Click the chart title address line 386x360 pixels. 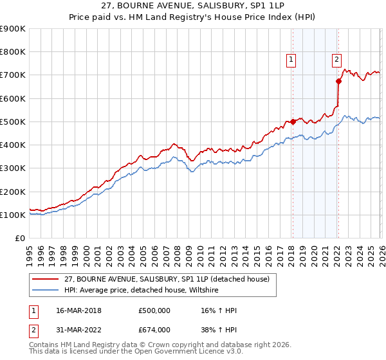(x=192, y=5)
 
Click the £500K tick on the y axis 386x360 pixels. (x=13, y=122)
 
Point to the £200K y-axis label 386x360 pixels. (x=13, y=192)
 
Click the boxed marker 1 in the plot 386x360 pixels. (x=291, y=60)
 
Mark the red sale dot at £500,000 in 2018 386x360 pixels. (x=292, y=122)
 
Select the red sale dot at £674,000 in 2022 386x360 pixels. (x=338, y=81)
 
